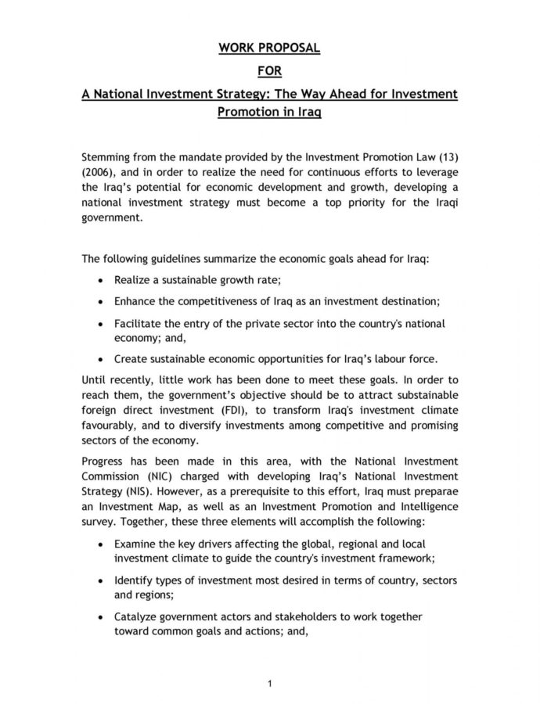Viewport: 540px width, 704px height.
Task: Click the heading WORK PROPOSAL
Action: pos(269,48)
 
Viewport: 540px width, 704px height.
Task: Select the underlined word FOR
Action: pos(269,72)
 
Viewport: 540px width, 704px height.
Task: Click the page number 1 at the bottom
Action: pos(269,684)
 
